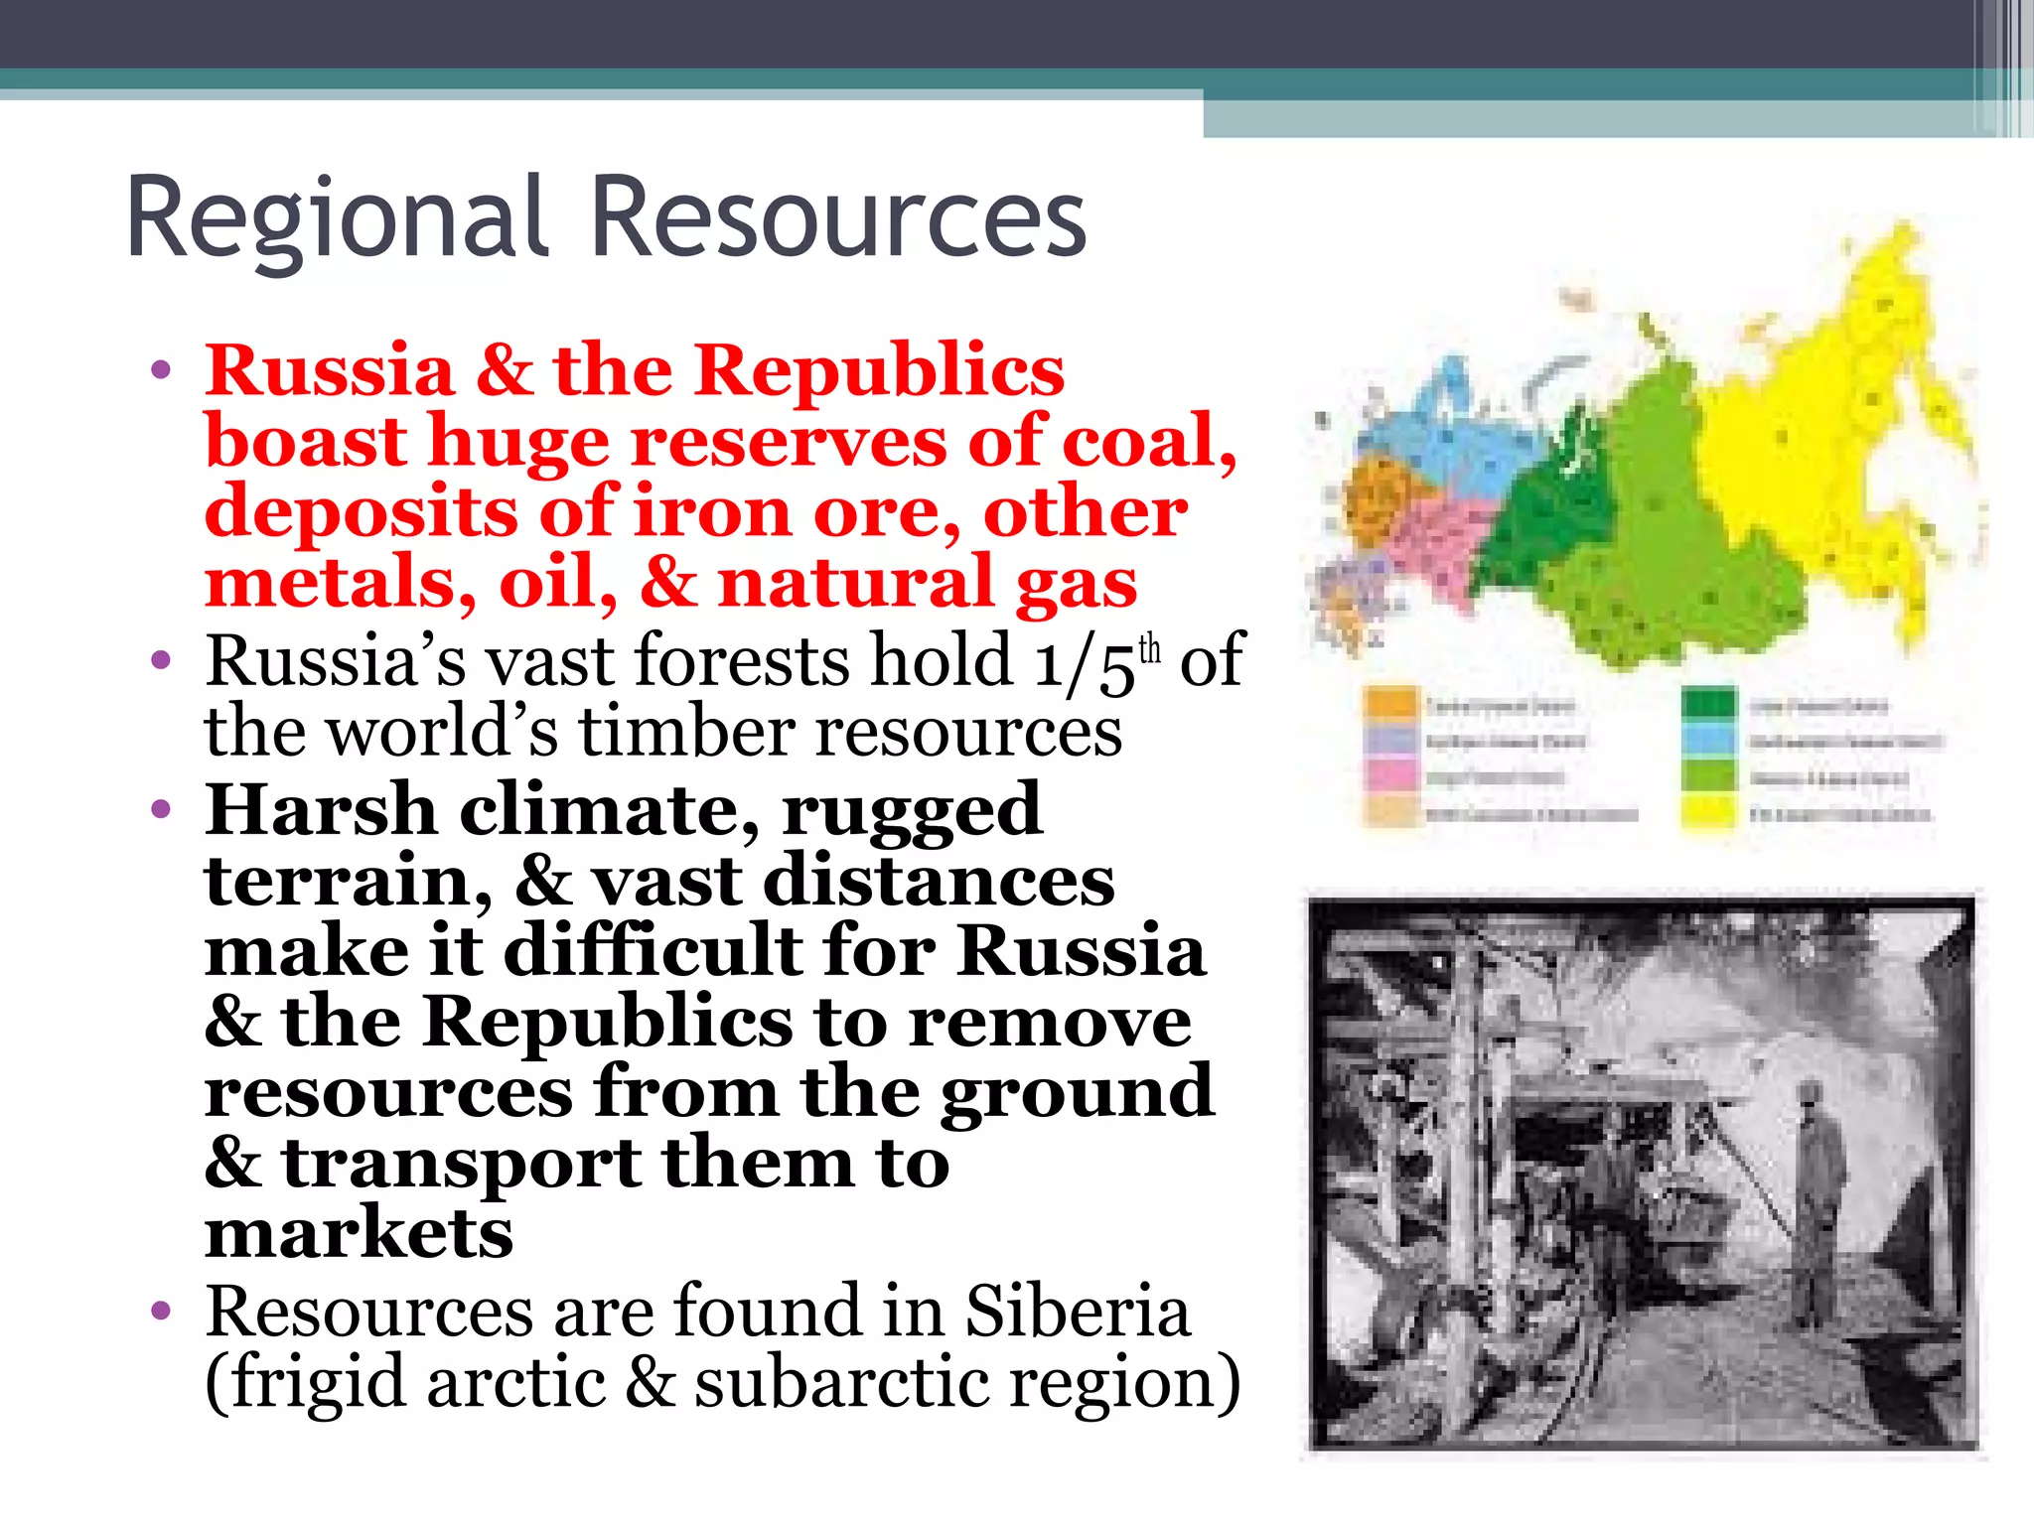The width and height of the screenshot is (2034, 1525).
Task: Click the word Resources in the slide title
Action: point(839,218)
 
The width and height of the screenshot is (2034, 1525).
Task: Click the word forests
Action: point(740,660)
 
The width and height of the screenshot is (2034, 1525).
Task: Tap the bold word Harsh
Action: point(320,809)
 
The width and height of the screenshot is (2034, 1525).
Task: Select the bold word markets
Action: point(359,1233)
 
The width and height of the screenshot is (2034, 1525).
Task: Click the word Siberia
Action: point(1078,1311)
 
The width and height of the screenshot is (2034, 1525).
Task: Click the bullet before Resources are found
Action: point(161,1313)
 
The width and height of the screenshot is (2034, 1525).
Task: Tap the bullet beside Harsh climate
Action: point(161,810)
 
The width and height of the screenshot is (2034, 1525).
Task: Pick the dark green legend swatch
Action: point(1708,704)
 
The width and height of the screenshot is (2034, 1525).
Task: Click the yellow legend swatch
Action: point(1708,813)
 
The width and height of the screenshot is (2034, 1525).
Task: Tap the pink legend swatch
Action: point(1390,775)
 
